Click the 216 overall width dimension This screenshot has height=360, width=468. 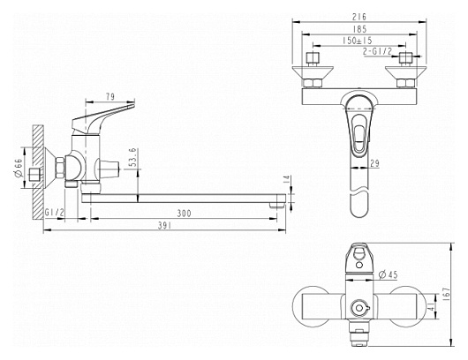pos(359,17)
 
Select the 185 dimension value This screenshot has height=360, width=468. pos(359,29)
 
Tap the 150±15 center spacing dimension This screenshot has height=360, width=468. pos(358,41)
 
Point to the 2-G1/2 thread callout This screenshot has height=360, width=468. pos(377,51)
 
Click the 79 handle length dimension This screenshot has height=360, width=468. pos(110,97)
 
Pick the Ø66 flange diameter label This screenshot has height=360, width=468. pos(19,169)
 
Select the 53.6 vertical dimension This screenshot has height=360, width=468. pos(133,157)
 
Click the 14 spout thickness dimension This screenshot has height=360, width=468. pos(286,179)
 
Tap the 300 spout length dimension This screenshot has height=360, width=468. pos(184,214)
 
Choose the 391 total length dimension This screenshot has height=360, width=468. pos(164,226)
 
